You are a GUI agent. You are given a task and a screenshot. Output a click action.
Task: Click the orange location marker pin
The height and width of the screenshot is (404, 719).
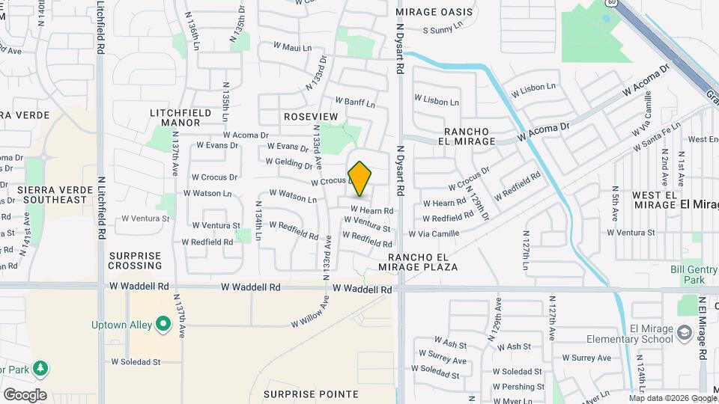point(359,178)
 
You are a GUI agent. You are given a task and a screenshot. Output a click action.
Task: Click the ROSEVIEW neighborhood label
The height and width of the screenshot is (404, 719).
point(311,117)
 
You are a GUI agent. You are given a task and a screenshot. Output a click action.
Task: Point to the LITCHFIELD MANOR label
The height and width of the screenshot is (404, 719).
point(175,117)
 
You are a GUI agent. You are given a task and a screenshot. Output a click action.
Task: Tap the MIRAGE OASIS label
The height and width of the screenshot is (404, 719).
point(435,12)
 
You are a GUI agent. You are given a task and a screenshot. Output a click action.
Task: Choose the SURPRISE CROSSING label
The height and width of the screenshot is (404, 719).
point(135,260)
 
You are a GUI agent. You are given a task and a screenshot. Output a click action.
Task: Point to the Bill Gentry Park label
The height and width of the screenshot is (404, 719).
point(688,275)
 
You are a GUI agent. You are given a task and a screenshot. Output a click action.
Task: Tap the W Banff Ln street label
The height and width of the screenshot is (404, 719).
point(354,101)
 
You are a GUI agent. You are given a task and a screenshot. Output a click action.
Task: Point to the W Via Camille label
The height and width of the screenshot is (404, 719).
point(434,233)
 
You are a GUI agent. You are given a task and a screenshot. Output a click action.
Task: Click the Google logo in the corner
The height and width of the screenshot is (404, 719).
point(25,394)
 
